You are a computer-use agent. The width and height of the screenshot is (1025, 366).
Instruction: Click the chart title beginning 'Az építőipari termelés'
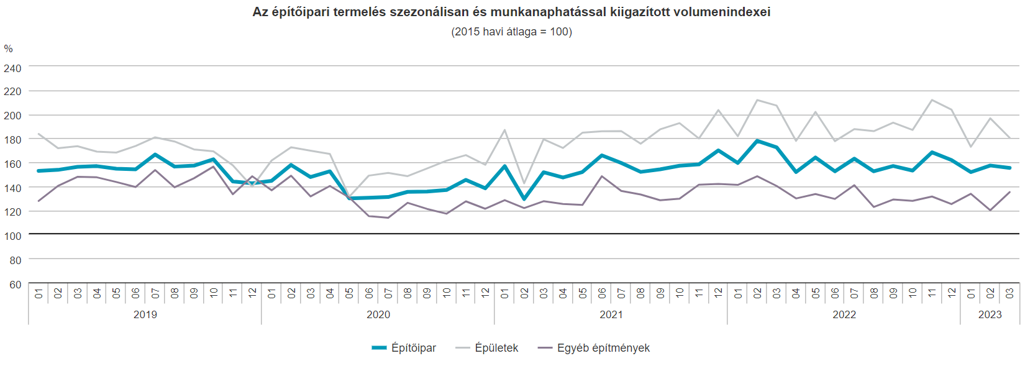[x=511, y=12]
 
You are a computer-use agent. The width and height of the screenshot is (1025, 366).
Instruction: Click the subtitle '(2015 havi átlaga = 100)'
[x=511, y=32]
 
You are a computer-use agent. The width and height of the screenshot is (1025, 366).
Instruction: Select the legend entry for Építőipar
[x=404, y=348]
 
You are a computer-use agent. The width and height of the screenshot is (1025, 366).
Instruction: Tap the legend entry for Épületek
[x=488, y=348]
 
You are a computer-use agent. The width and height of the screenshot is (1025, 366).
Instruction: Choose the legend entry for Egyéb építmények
[x=594, y=348]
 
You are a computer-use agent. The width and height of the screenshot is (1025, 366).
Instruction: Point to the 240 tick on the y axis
[x=12, y=68]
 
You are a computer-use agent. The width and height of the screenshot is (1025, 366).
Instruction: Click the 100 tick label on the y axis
[x=12, y=236]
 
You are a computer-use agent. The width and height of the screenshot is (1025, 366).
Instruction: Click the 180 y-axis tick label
[x=12, y=140]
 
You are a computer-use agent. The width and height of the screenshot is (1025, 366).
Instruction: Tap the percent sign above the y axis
[x=8, y=49]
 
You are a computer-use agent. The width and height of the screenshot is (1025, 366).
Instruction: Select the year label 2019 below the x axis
[x=145, y=314]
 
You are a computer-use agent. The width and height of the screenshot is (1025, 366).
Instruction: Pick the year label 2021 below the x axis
[x=611, y=314]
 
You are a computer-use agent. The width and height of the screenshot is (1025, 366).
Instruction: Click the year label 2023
[x=990, y=314]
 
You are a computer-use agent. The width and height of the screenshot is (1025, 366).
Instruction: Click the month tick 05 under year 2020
[x=349, y=293]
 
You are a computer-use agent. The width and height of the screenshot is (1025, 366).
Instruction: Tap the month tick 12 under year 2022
[x=951, y=293]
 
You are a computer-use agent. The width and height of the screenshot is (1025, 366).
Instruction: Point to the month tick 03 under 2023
[x=1009, y=293]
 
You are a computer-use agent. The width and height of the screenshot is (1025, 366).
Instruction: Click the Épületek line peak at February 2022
[x=757, y=100]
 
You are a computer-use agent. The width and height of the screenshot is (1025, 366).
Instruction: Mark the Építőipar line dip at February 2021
[x=524, y=199]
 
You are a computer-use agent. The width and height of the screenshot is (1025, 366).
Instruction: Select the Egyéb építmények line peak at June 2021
[x=601, y=176]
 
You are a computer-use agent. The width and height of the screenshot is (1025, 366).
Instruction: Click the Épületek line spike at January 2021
[x=504, y=130]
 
